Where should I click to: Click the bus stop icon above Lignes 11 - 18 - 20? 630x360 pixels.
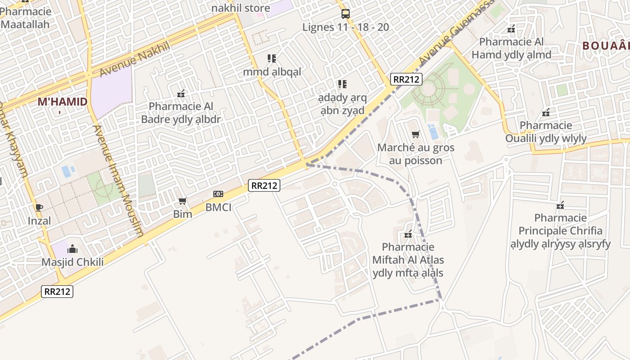pos(345,13)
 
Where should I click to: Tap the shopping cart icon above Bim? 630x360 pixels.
pos(182,201)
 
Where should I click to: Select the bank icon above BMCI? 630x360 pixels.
pos(218,194)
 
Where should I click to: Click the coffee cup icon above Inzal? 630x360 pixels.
pos(39,207)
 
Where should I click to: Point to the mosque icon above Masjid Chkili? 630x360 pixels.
pos(72,249)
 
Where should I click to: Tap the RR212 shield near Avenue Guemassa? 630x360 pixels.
pos(406,79)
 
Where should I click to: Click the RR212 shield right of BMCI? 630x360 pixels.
pos(264,185)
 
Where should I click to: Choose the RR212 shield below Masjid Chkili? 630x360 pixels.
pos(57,291)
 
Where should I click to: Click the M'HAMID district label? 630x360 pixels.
pos(62,102)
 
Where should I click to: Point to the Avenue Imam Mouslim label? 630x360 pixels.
pos(118,180)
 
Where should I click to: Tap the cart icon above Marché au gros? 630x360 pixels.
pos(415,134)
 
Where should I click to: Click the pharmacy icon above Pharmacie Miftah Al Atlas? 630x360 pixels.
pos(408,234)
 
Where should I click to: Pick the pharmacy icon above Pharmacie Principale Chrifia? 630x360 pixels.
pos(560,205)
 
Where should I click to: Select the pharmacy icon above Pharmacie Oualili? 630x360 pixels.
pos(546,112)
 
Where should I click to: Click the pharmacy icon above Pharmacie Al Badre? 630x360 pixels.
pos(181,94)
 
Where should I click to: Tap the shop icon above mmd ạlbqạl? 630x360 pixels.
pos(272,58)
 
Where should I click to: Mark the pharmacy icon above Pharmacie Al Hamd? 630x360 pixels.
pos(511,29)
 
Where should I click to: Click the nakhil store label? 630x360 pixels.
pos(241,8)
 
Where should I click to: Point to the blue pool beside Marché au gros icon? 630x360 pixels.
pos(434,132)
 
